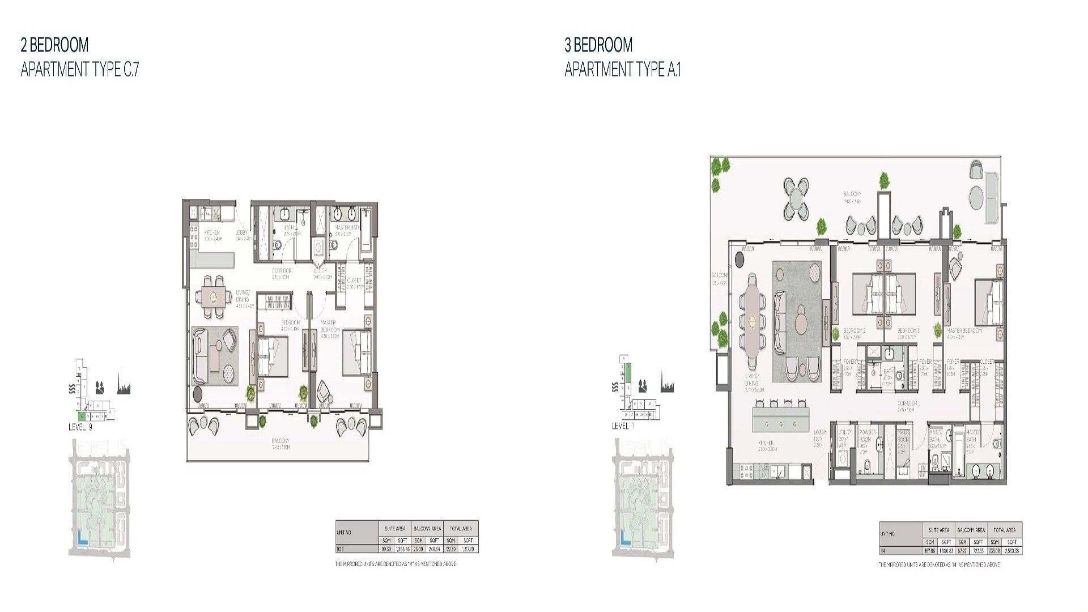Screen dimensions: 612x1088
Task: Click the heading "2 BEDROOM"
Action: [54, 45]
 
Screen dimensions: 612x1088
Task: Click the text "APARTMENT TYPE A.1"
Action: [623, 70]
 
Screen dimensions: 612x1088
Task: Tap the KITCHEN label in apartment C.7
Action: [212, 233]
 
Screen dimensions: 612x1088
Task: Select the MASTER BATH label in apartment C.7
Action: [347, 228]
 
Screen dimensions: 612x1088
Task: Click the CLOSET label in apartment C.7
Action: [354, 280]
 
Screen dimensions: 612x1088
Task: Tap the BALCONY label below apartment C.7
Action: [280, 441]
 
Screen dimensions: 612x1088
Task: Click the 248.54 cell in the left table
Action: [435, 549]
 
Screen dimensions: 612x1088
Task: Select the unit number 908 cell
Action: [340, 549]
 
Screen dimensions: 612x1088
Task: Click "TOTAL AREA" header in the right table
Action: [1004, 530]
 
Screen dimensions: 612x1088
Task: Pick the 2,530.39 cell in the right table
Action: [1012, 551]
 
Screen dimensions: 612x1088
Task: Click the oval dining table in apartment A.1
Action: [752, 320]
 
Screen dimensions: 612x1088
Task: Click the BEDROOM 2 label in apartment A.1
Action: [854, 331]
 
